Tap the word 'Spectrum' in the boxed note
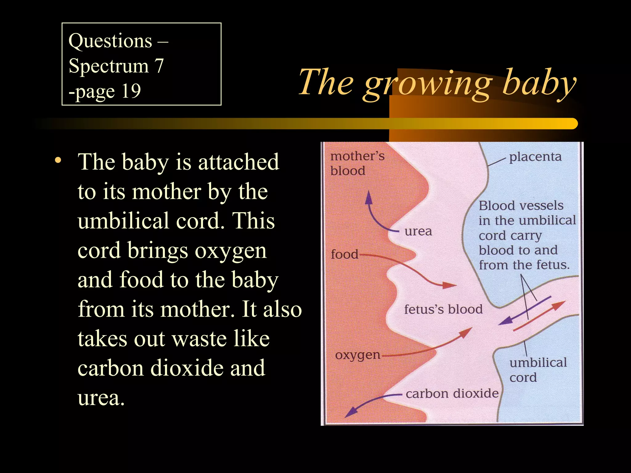coord(108,66)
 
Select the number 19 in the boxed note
coord(131,91)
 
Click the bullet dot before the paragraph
coord(57,161)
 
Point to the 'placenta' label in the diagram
coord(535,157)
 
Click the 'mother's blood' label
coord(357,163)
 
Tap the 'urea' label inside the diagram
coord(418,231)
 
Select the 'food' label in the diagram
coord(344,255)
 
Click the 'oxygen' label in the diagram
coord(358,355)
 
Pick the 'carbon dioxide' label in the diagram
coord(452,394)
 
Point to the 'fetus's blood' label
coord(443,309)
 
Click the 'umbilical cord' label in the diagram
coord(538,370)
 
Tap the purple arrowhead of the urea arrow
coord(368,197)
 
